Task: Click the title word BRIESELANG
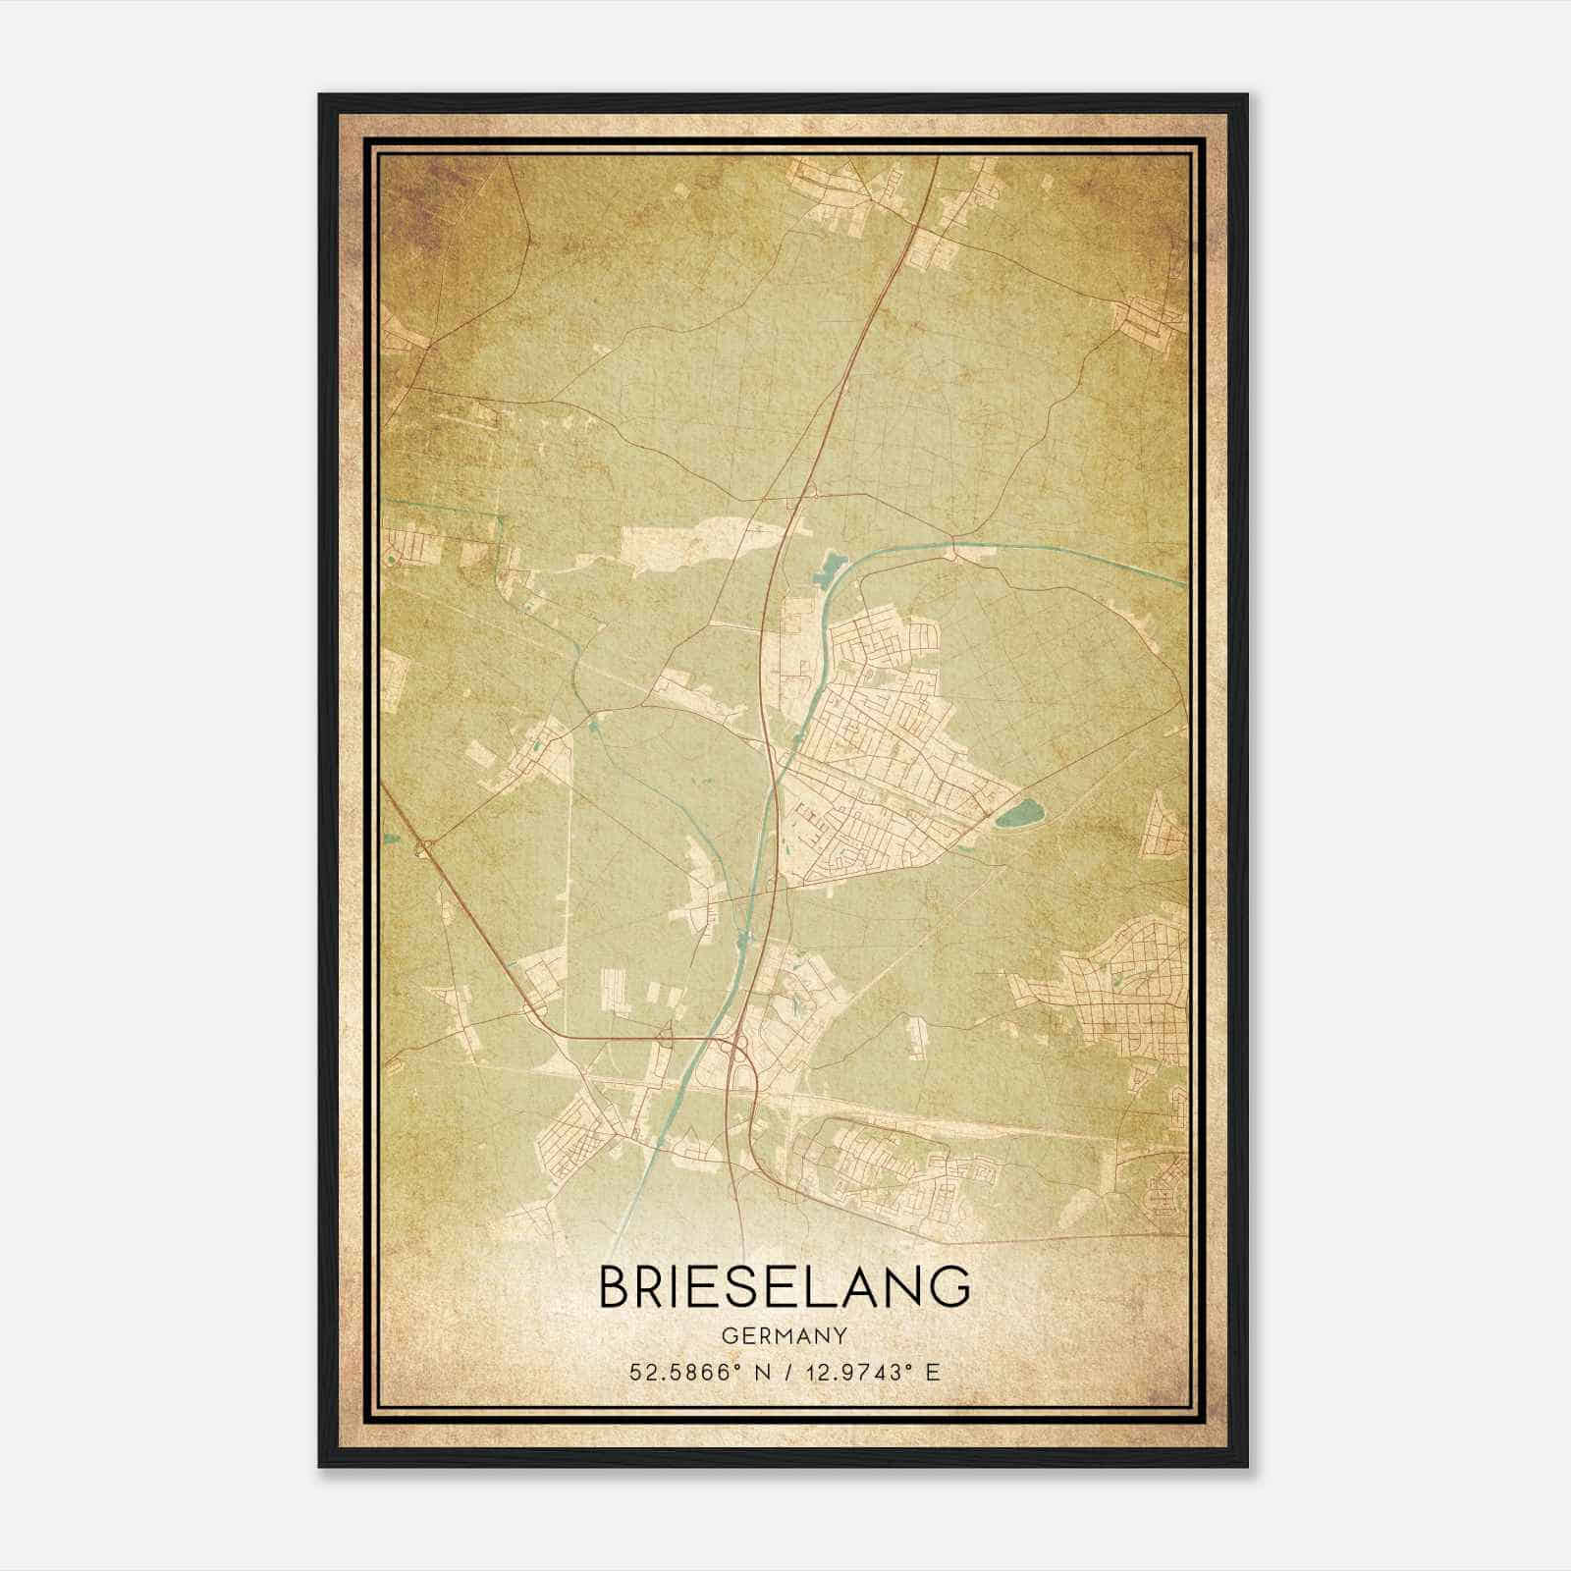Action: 785,1287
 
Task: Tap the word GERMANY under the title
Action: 785,1336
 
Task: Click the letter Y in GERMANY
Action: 841,1336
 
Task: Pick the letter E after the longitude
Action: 934,1372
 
